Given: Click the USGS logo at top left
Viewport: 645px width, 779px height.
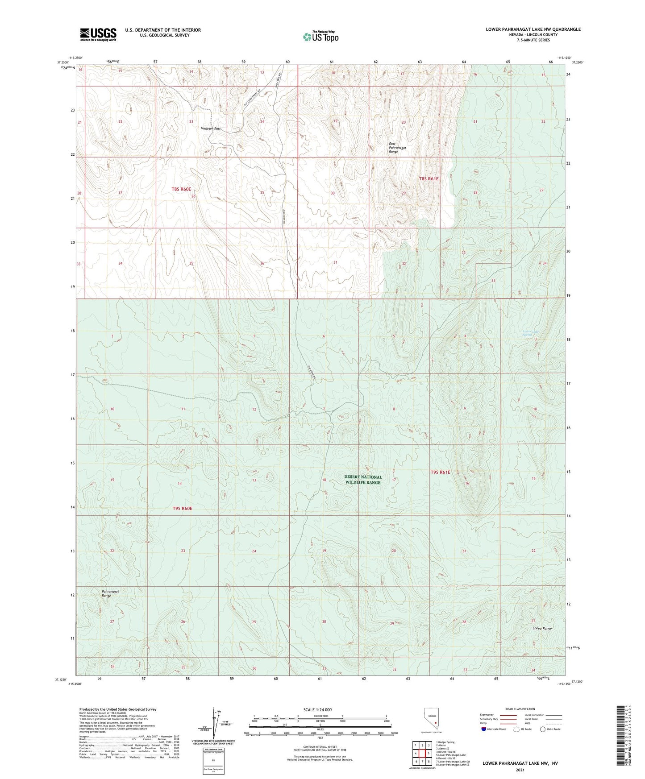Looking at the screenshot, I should [98, 34].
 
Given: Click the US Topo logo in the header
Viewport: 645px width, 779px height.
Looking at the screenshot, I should [320, 37].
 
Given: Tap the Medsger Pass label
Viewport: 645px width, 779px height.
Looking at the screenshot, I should [211, 128].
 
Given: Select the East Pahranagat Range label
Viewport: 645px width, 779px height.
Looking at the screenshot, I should [393, 148].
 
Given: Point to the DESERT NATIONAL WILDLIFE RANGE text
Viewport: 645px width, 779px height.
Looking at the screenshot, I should [363, 480].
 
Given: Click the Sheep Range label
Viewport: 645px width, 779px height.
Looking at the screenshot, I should [542, 628].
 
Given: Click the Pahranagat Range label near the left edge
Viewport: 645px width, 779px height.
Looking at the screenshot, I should [107, 593].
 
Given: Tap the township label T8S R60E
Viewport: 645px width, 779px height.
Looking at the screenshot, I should [184, 189].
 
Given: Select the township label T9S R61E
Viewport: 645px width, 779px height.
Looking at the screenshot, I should [441, 472].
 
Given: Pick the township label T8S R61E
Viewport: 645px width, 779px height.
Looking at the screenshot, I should [429, 178].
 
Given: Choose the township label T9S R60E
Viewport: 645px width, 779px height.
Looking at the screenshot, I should [182, 509].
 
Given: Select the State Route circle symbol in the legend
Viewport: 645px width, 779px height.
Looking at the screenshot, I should [543, 729].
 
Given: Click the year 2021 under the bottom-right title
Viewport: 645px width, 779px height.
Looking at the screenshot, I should [520, 770].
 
